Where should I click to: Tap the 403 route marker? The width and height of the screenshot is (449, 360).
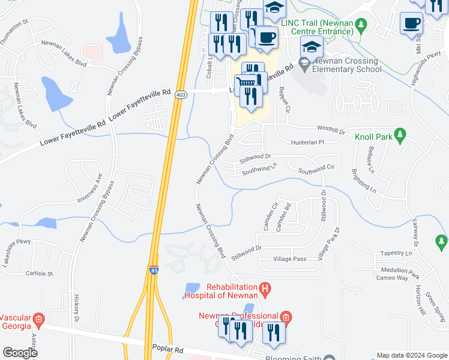click(x=181, y=95)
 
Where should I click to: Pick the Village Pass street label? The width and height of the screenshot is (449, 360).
click(x=289, y=259)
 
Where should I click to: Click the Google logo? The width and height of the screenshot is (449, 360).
click(x=20, y=353)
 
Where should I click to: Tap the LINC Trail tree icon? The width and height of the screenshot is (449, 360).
click(x=361, y=25)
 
